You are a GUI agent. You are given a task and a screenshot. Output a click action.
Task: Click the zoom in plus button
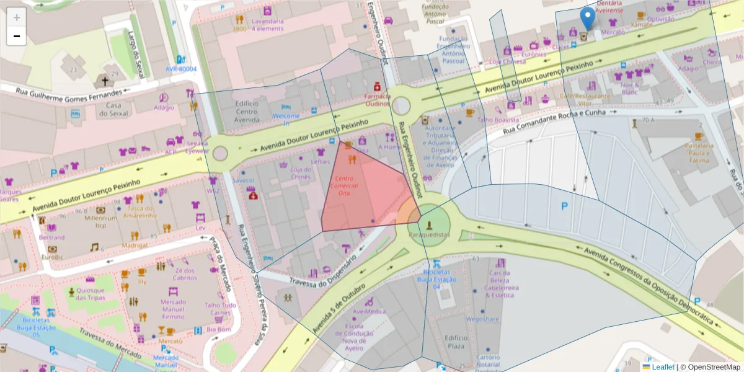(16, 17)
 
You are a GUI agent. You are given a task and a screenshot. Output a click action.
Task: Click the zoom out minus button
(16, 36)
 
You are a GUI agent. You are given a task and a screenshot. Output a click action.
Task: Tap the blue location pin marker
(587, 19)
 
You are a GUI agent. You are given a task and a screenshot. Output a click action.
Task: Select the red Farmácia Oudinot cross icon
(376, 86)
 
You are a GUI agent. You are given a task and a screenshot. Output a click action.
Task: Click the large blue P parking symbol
(564, 206)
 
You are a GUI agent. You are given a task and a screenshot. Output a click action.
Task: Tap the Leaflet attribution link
(662, 367)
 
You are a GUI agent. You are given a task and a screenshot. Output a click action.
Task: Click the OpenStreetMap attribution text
(709, 367)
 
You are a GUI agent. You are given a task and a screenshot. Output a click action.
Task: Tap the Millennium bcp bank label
(101, 221)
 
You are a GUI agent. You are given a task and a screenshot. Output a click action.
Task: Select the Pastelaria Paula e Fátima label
(699, 153)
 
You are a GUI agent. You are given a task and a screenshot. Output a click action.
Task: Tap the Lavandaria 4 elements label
(267, 25)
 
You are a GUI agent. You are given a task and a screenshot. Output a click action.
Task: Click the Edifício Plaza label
(456, 341)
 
